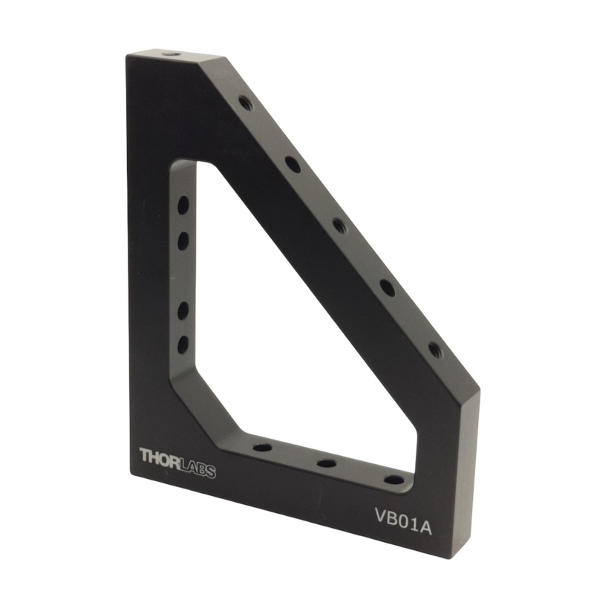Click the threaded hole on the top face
click(x=170, y=54)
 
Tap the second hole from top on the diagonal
click(x=293, y=164)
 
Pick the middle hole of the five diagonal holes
click(x=339, y=225)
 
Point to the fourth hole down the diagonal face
click(x=388, y=287)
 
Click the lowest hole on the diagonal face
click(x=434, y=349)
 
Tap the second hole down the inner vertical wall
click(x=183, y=240)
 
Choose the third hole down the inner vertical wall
click(x=183, y=310)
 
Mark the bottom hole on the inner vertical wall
click(x=183, y=344)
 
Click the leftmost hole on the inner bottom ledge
click(x=262, y=448)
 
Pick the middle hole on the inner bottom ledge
click(x=327, y=463)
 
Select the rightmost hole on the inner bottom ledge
click(x=394, y=479)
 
